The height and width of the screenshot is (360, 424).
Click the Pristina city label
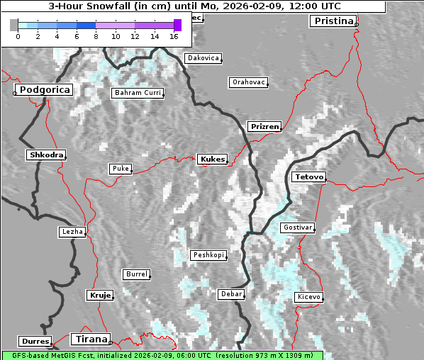[333, 21]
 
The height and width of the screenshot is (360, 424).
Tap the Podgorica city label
[45, 90]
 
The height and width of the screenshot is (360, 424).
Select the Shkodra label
[46, 154]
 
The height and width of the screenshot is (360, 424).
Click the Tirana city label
[90, 339]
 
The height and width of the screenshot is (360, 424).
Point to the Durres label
[35, 342]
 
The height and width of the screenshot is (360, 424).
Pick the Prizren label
[264, 127]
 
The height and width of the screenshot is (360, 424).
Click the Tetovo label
[308, 176]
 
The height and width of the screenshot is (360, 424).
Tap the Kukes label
[212, 159]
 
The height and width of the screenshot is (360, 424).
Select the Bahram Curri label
[138, 93]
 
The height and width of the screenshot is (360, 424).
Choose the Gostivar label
[297, 227]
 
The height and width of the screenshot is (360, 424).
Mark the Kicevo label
[309, 297]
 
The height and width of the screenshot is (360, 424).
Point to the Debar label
[232, 293]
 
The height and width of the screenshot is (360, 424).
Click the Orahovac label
[249, 82]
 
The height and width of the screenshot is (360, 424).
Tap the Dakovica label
[202, 58]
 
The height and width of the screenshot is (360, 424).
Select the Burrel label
[136, 274]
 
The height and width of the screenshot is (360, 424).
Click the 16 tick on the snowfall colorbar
[174, 35]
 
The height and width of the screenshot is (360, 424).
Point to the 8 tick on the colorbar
[96, 35]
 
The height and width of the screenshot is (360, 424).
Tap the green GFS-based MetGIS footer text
[162, 355]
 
